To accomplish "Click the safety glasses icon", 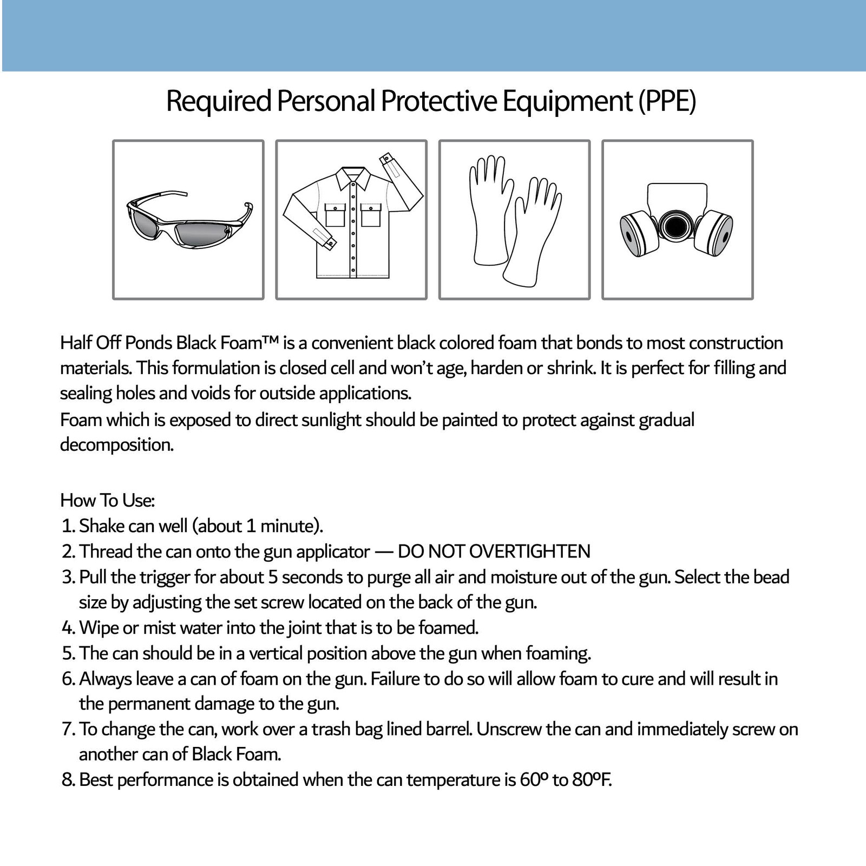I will pos(188,220).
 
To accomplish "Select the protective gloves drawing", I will pos(514,219).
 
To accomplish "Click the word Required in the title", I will pos(218,101).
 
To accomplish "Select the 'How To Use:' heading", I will pos(108,500).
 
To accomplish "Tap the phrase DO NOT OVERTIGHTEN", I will pos(494,551).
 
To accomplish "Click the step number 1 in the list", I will pos(67,526).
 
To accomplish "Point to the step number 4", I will pos(67,628).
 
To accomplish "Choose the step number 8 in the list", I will pos(67,780).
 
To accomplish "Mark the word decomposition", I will pos(117,445).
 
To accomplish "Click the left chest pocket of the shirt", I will pos(334,215).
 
